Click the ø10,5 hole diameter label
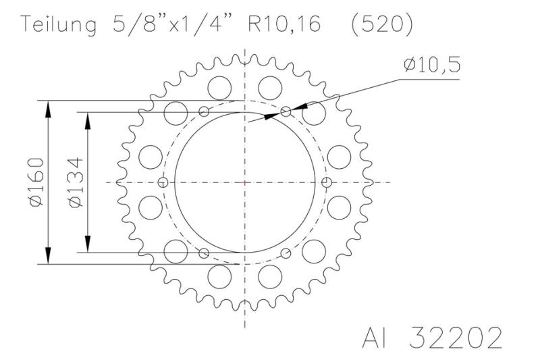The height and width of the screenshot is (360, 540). click(x=433, y=65)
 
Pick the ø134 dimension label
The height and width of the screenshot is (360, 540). click(x=76, y=182)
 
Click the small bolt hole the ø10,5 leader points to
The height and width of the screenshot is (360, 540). click(x=286, y=111)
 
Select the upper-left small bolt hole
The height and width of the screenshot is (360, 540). click(x=205, y=111)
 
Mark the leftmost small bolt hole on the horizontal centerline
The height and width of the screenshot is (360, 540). click(x=162, y=182)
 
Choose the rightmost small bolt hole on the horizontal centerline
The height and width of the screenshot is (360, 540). click(x=327, y=182)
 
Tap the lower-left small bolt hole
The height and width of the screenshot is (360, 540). click(x=205, y=253)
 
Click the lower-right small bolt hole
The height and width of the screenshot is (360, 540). click(x=286, y=253)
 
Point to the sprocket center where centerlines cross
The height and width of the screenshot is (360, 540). click(x=244, y=182)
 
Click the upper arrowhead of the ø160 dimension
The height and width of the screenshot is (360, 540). click(x=49, y=108)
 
